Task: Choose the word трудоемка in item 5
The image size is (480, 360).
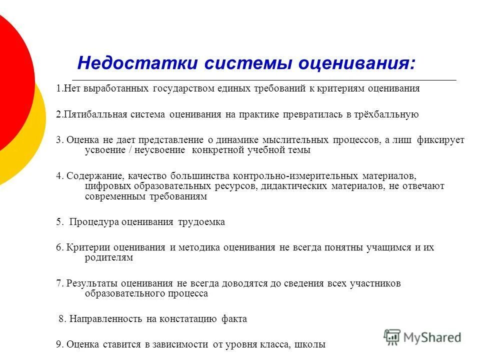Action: point(201,222)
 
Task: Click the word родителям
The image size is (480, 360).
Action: point(109,257)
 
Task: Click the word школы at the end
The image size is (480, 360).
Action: point(309,344)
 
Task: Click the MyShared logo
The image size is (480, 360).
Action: point(422,337)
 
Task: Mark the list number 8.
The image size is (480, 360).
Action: point(61,319)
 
